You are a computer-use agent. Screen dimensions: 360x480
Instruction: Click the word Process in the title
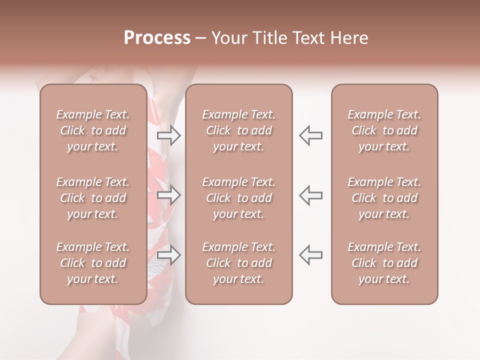pos(157,38)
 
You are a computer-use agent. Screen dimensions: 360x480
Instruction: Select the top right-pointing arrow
pos(168,135)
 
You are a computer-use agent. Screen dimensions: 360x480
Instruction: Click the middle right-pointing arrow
pos(168,195)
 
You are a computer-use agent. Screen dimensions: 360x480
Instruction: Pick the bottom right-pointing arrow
pos(168,255)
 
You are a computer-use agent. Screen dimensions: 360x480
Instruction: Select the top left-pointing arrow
pos(310,135)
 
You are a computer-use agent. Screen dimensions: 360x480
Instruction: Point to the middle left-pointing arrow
pos(310,195)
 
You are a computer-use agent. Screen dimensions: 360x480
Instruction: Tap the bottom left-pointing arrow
pos(310,255)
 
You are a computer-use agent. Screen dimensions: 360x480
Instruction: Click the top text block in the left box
pos(93,130)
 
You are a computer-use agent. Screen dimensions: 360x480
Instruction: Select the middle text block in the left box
pos(93,198)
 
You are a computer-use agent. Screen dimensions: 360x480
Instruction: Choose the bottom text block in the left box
pos(93,263)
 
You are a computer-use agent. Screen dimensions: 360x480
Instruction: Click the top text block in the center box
pos(238,130)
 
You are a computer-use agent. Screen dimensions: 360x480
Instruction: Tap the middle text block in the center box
pos(238,198)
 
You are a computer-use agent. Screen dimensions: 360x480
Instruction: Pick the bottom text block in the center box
pos(238,263)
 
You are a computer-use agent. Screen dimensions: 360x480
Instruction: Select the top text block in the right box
pos(384,130)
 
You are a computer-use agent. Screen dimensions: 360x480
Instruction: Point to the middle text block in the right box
pos(384,198)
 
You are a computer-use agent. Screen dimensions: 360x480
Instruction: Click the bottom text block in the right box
pos(384,263)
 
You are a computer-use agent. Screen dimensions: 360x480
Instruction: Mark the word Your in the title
pos(227,38)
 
